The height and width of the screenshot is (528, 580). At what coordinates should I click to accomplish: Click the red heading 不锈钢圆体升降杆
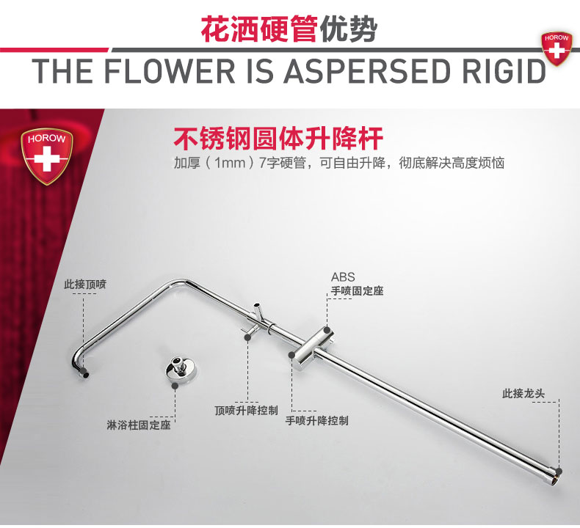pyautogui.click(x=279, y=139)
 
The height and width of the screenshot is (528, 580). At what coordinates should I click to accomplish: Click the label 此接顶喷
pyautogui.click(x=84, y=284)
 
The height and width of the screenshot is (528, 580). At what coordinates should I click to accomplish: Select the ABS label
pyautogui.click(x=343, y=277)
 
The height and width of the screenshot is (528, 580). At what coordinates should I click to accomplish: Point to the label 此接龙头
pyautogui.click(x=523, y=394)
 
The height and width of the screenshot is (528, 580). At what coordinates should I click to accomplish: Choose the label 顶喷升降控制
pyautogui.click(x=246, y=411)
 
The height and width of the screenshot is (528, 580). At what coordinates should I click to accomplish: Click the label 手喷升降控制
pyautogui.click(x=316, y=421)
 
